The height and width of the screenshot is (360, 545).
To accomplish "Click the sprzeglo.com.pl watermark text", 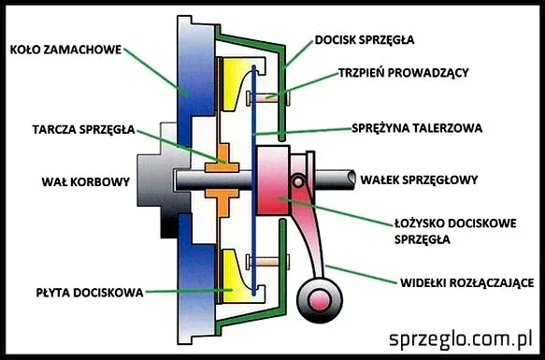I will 461,338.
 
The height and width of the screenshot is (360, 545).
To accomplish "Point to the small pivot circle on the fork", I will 299,180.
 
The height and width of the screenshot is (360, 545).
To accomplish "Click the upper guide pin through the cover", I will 271,95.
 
